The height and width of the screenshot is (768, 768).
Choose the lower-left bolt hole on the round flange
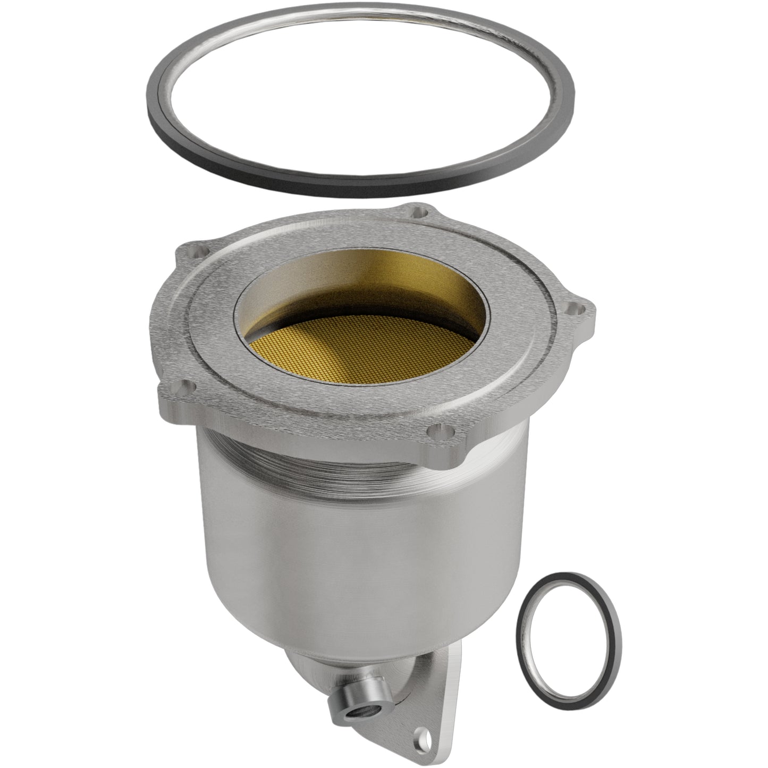(183, 385)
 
